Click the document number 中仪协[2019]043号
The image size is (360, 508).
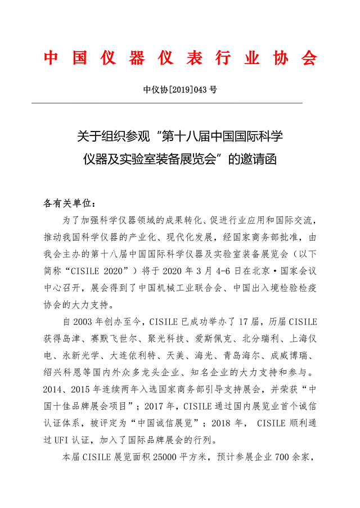pyautogui.click(x=180, y=89)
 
